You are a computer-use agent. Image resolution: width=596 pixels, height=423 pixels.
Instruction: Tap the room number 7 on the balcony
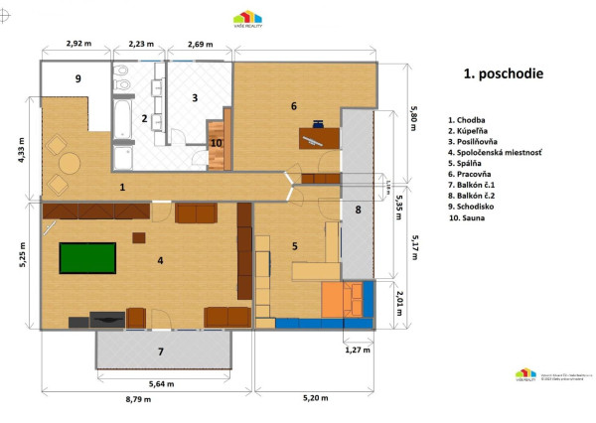tap(161, 351)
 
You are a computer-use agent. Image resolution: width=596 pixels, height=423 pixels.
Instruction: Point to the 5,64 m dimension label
tap(164, 384)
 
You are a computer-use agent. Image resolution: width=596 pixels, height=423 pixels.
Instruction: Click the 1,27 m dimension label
tap(357, 350)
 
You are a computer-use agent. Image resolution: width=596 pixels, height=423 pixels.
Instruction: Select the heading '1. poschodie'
tap(503, 73)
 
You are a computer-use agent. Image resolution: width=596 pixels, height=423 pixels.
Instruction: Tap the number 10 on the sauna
tap(217, 141)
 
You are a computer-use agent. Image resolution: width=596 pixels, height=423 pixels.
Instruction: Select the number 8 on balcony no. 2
tap(358, 210)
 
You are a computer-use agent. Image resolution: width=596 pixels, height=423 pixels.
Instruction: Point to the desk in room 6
tap(318, 138)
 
